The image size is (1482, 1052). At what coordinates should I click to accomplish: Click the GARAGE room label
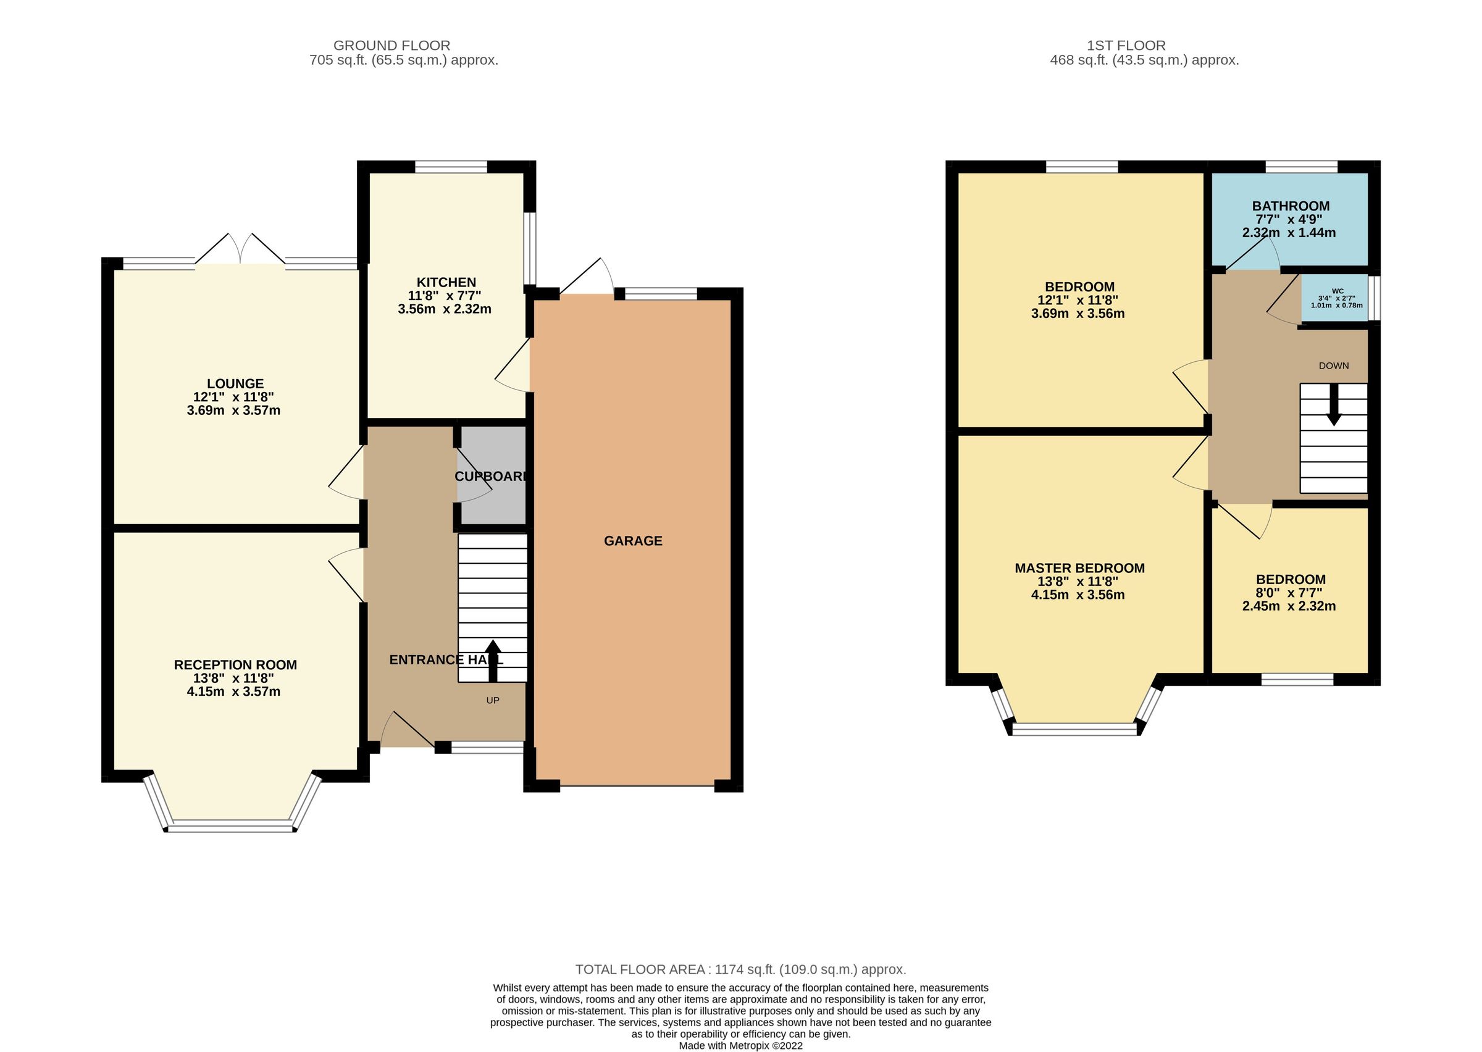point(633,541)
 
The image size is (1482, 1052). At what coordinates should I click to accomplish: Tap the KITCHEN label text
point(446,282)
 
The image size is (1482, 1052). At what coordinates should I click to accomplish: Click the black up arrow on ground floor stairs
point(493,660)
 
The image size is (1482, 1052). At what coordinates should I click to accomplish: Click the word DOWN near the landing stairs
point(1334,366)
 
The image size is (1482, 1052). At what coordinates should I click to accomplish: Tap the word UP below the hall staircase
point(493,700)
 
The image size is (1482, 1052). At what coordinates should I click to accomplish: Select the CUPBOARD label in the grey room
point(491,477)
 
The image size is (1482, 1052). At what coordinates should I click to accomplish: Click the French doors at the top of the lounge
point(240,249)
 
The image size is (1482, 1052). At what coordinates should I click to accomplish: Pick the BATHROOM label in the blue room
point(1291,206)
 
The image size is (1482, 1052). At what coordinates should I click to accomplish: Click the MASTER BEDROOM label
point(1079,568)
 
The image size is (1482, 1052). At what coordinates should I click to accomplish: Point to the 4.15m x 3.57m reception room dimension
point(233,692)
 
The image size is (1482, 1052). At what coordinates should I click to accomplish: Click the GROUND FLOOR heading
point(391,45)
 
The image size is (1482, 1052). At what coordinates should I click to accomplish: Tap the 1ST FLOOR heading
point(1126,45)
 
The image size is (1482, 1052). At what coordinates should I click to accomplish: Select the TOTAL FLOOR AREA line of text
point(740,970)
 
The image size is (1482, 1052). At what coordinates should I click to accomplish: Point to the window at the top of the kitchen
point(451,167)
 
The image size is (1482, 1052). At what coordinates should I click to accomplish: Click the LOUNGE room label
point(235,383)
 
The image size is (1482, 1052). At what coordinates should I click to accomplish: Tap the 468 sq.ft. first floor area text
point(1144,61)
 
